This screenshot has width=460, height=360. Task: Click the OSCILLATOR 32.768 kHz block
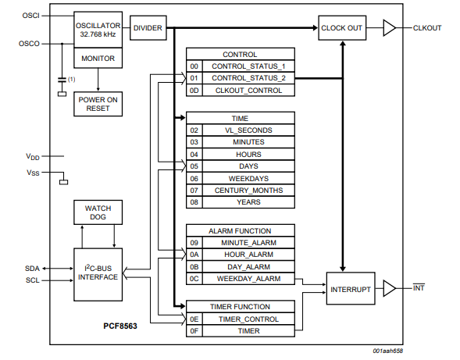[x=98, y=29]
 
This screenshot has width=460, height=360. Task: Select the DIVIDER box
[x=148, y=28]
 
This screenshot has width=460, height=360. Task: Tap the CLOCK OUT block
[x=341, y=28]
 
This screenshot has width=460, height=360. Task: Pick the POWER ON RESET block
[x=98, y=104]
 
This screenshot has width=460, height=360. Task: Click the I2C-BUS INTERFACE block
[x=98, y=272]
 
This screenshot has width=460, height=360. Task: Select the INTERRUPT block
[x=349, y=288]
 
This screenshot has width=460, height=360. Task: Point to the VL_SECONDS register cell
[x=248, y=130]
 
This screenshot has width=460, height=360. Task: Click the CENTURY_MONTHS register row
[x=248, y=190]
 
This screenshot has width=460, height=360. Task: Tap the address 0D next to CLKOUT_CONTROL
[x=194, y=91]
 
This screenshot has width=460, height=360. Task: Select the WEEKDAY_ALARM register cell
[x=248, y=278]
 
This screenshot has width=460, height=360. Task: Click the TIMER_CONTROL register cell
[x=248, y=319]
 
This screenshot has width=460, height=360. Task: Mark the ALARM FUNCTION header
[x=240, y=230]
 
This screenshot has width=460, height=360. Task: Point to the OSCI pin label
[x=29, y=16]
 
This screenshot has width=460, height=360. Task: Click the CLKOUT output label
[x=428, y=28]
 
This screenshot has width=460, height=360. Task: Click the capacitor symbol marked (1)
[x=62, y=80]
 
